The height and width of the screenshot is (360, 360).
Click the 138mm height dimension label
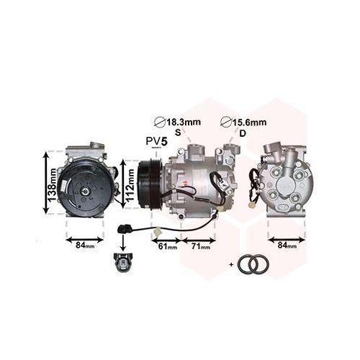[52, 181]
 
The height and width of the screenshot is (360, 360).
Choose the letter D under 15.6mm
[242, 134]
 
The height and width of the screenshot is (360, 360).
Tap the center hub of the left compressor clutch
[85, 190]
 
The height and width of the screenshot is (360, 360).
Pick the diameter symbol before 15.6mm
[227, 122]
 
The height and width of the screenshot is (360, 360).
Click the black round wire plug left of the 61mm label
[121, 231]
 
